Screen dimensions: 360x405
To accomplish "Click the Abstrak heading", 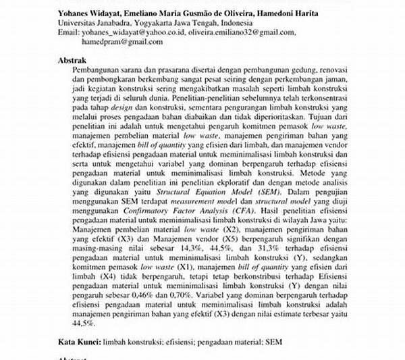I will (74, 59).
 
